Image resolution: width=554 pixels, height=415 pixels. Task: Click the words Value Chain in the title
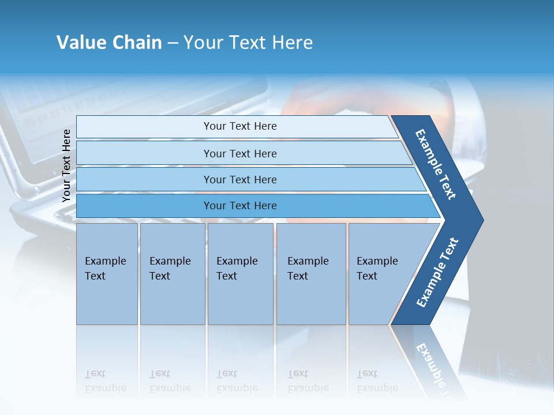pyautogui.click(x=109, y=43)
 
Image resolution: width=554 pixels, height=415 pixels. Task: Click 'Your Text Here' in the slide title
pyautogui.click(x=248, y=43)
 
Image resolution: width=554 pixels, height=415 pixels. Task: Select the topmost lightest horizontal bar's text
pyautogui.click(x=240, y=126)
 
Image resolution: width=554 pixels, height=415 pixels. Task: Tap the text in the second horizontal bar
pyautogui.click(x=240, y=153)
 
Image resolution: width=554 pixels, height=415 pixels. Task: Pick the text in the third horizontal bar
pyautogui.click(x=240, y=179)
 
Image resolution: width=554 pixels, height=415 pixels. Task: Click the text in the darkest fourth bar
pyautogui.click(x=240, y=206)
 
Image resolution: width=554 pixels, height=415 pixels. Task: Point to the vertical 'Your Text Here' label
pyautogui.click(x=66, y=165)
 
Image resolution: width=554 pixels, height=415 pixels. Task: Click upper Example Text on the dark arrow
pyautogui.click(x=436, y=164)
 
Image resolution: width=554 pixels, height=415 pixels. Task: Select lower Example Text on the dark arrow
pyautogui.click(x=437, y=273)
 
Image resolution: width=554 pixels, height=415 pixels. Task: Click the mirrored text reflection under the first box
pyautogui.click(x=106, y=381)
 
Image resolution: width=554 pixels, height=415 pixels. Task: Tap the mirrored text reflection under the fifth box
pyautogui.click(x=377, y=381)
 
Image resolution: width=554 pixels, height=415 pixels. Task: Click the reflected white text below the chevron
pyautogui.click(x=433, y=369)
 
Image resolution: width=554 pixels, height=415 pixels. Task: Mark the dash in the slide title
pyautogui.click(x=173, y=43)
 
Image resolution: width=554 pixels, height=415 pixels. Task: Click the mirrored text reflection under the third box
pyautogui.click(x=237, y=381)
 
